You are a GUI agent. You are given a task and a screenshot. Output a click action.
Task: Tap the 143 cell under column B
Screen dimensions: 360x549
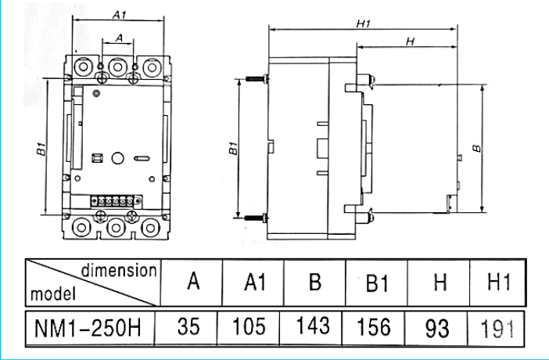314,326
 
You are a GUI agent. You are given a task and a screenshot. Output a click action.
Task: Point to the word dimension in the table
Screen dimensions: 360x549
118,270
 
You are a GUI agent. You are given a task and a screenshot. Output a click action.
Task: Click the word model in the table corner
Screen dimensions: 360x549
53,295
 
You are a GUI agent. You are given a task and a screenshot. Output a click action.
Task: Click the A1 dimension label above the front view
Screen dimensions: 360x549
120,14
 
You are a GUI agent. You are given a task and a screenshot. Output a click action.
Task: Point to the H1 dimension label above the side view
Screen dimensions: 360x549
362,24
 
